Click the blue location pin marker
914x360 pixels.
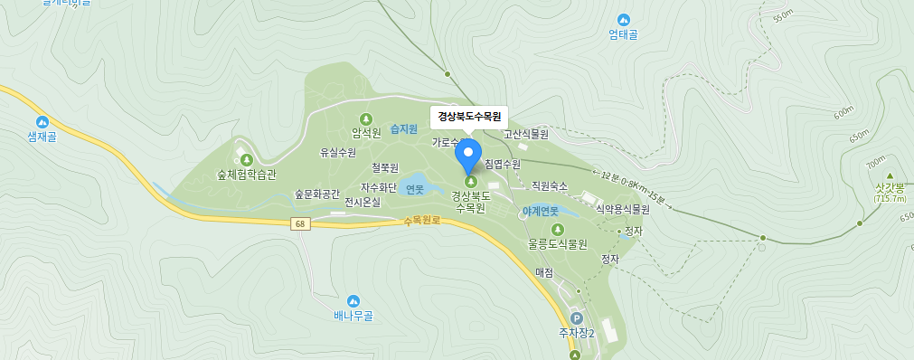[x=468, y=157]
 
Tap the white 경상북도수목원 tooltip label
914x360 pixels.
[x=468, y=116]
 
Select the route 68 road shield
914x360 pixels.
[x=298, y=223]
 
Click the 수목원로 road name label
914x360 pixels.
[x=421, y=221]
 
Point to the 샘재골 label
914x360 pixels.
[x=42, y=137]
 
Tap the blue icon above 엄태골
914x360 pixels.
[x=623, y=20]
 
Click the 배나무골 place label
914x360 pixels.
[x=353, y=316]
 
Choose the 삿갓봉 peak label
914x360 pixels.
[x=890, y=188]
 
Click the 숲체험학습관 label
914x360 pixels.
[x=246, y=174]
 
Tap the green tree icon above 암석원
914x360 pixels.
[x=366, y=118]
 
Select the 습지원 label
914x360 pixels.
[x=403, y=129]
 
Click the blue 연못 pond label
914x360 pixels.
[x=415, y=189]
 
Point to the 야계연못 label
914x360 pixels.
[x=541, y=211]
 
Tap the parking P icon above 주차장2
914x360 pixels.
[x=578, y=318]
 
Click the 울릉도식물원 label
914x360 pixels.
[x=558, y=244]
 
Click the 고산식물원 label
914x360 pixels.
[x=526, y=134]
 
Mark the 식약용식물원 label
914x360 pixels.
[x=622, y=209]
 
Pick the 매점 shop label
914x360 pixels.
[x=543, y=271]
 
